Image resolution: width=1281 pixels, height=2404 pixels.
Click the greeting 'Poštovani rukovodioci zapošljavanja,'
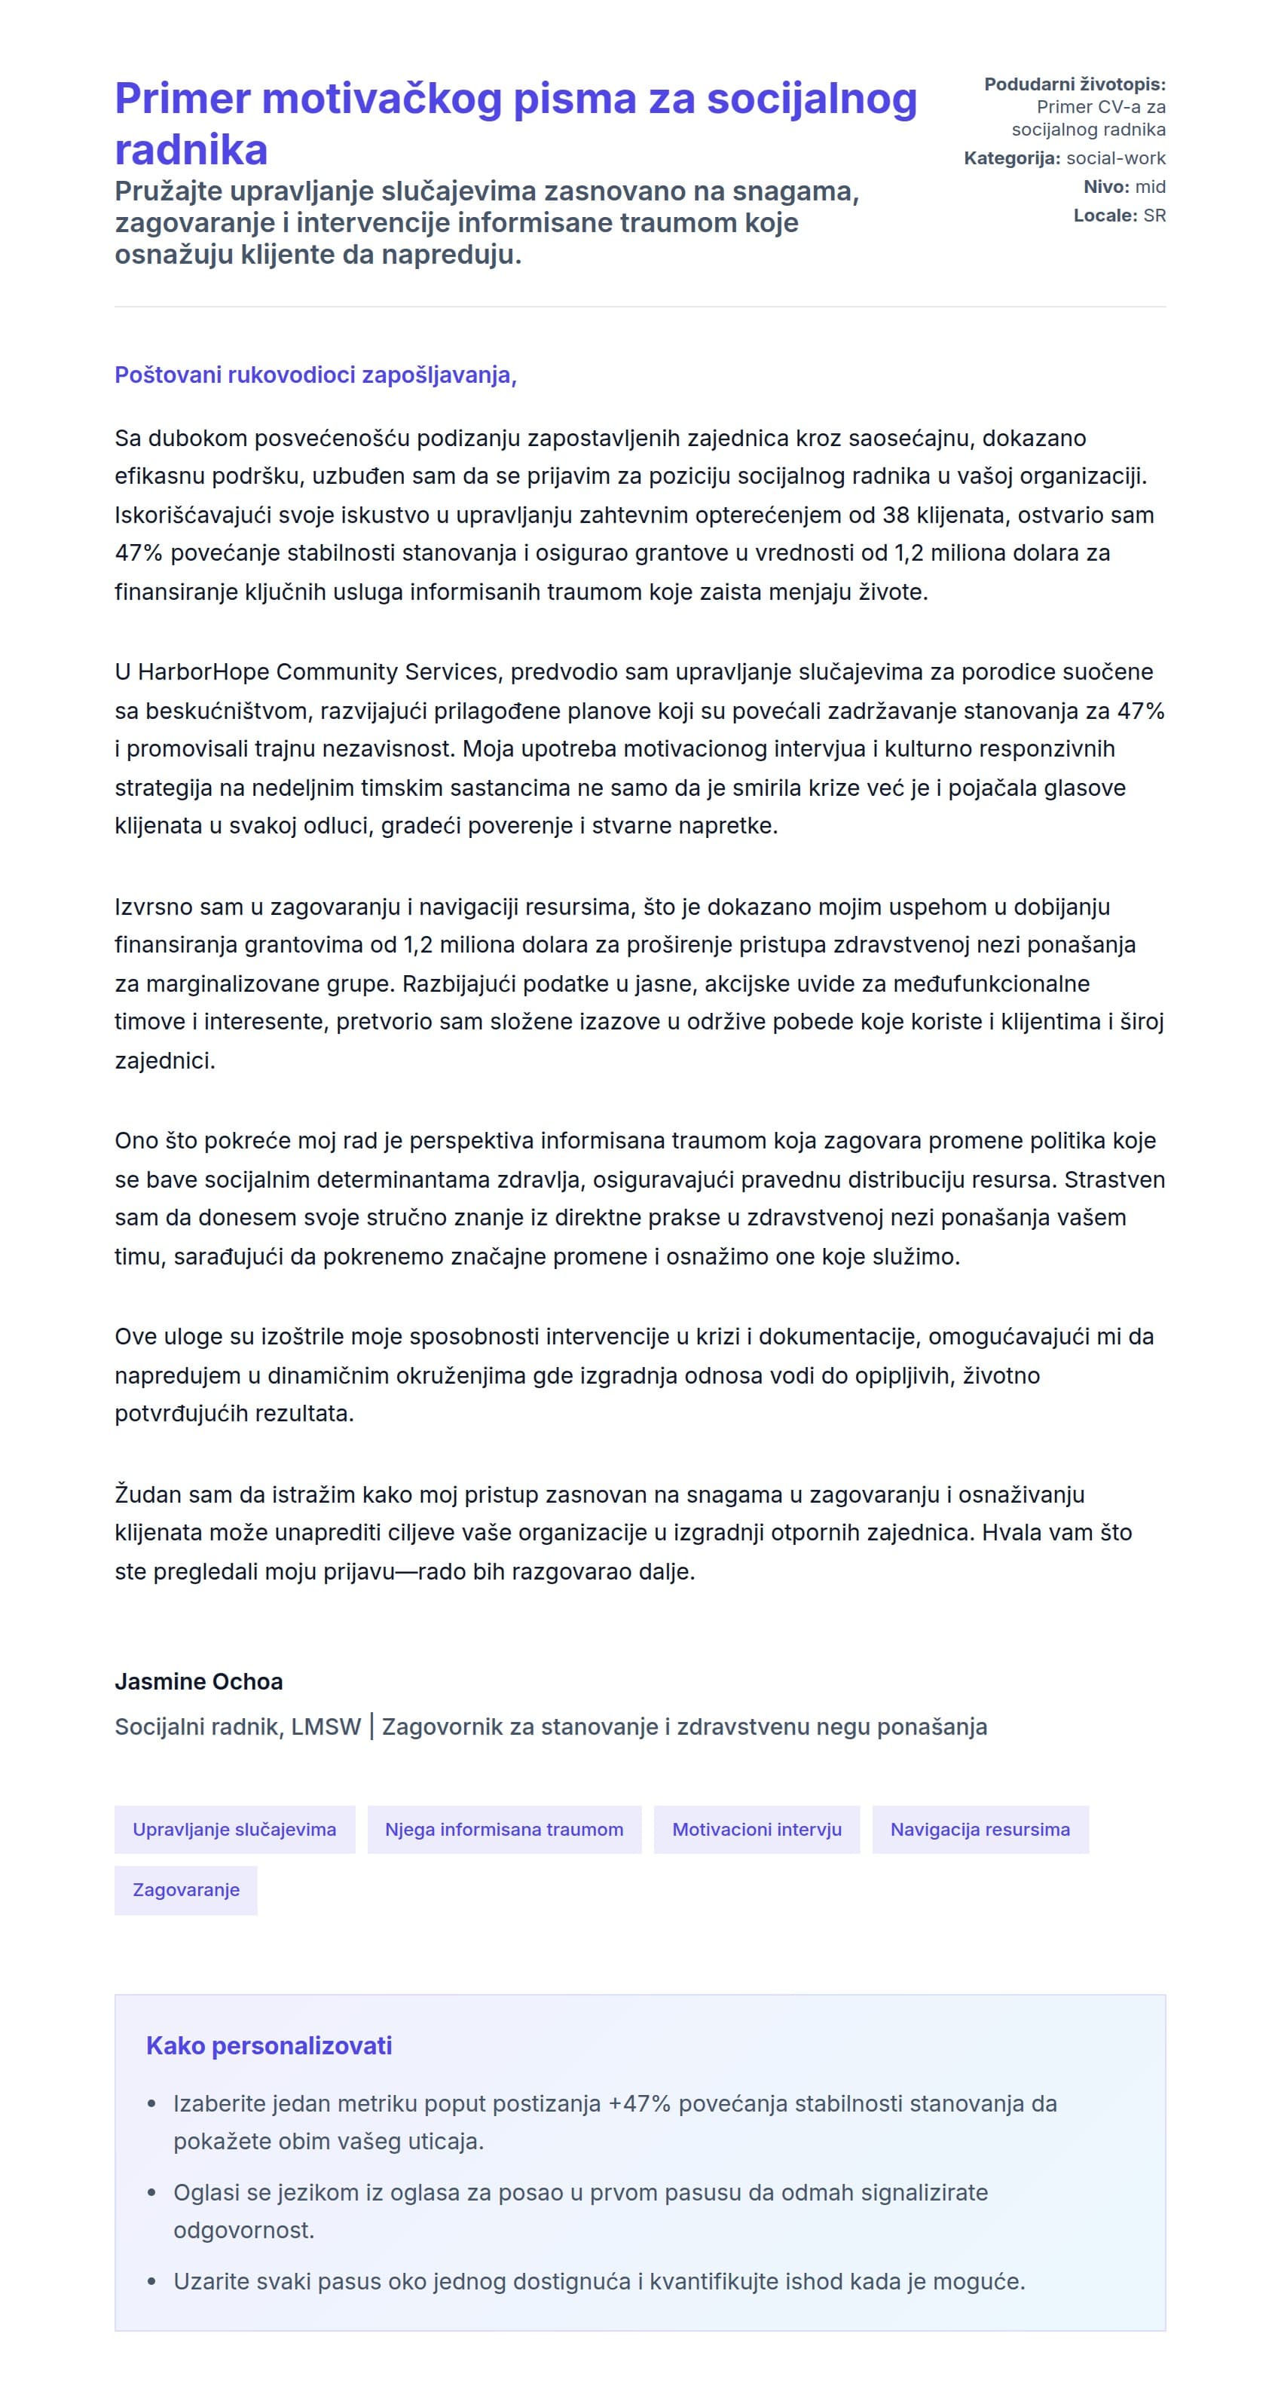coord(315,375)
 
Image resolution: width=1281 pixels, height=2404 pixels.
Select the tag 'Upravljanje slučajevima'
coord(234,1828)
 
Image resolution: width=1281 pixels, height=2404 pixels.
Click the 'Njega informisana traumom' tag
coord(504,1828)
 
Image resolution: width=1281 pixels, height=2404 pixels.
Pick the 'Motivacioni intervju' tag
coord(756,1828)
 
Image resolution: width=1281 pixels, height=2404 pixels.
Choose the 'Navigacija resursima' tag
coord(980,1828)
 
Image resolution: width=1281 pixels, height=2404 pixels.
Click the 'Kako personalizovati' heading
coord(269,2045)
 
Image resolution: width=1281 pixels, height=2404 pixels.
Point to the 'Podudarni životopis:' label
coord(1074,84)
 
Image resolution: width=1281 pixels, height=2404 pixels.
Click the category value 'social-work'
coord(1115,158)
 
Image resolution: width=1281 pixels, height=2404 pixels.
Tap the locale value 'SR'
coord(1154,216)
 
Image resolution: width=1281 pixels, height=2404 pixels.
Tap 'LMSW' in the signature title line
coord(326,1727)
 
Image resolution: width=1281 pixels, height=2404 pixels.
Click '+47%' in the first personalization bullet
coord(639,2103)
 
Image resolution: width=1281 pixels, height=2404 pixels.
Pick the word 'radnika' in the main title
coord(191,149)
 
